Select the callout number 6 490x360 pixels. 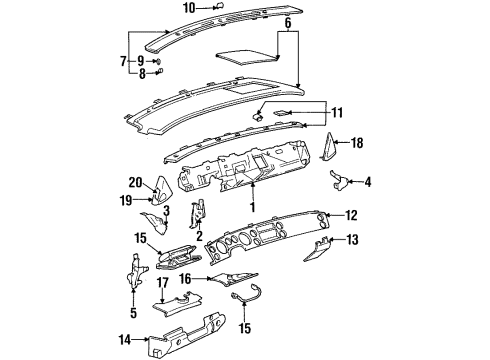[288, 21]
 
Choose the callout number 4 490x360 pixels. [368, 181]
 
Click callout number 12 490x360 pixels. [351, 215]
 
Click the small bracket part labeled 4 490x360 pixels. [340, 181]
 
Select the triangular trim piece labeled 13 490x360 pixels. [324, 243]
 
